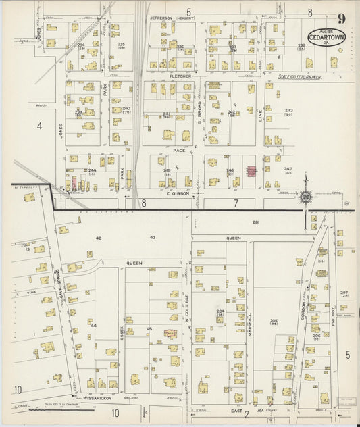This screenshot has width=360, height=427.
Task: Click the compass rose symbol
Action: click(x=305, y=197)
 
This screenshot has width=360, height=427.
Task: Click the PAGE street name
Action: click(x=178, y=150)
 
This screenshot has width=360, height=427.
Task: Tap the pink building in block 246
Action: click(x=251, y=172)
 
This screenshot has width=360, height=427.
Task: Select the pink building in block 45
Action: click(x=169, y=334)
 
